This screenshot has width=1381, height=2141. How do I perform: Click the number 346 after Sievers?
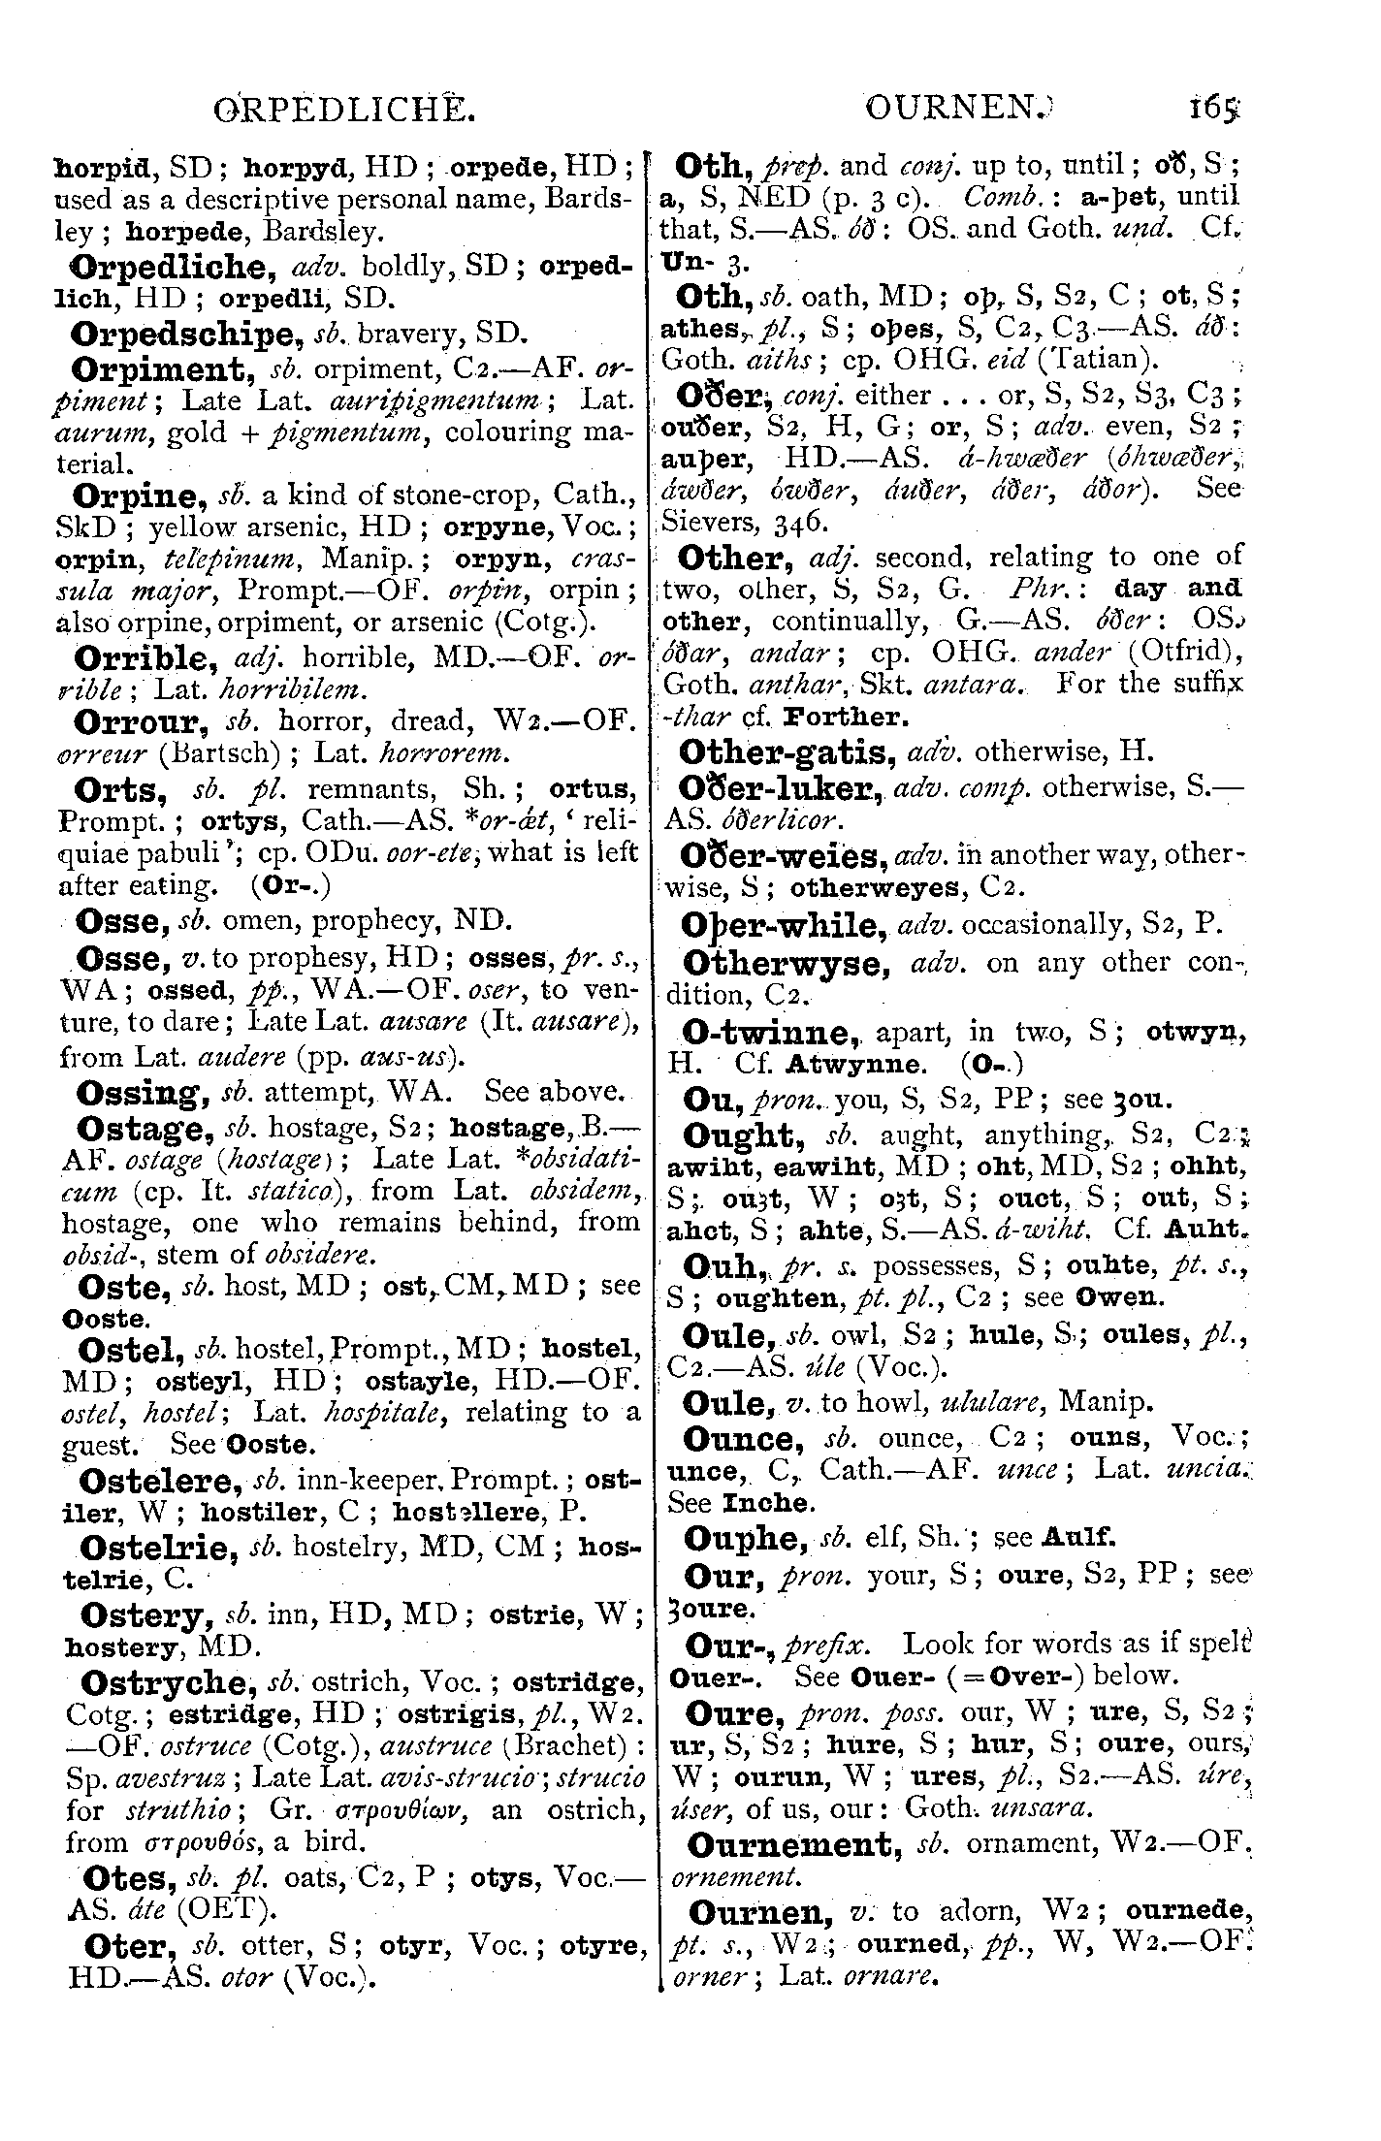800,523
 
